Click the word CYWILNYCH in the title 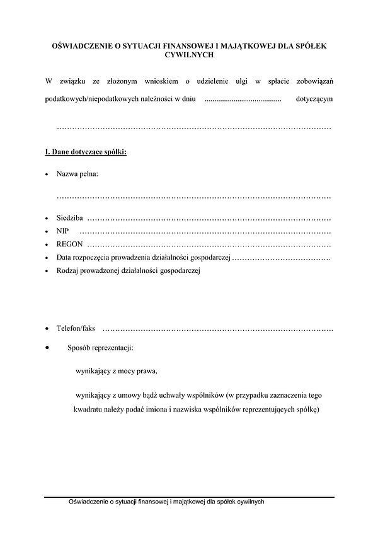(x=189, y=55)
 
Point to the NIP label (x=62, y=231)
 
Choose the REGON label (x=69, y=244)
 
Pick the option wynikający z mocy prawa (x=117, y=371)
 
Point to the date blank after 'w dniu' (x=243, y=100)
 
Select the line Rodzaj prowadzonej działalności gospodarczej (x=128, y=270)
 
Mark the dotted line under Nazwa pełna (x=194, y=197)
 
